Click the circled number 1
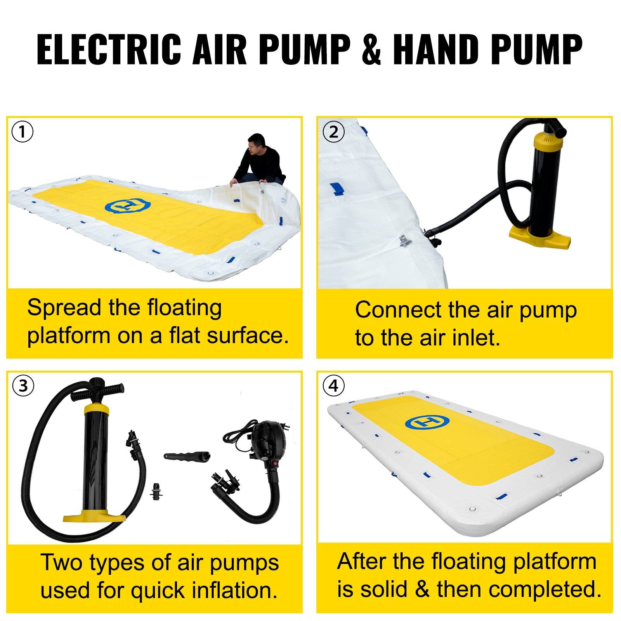tap(22, 132)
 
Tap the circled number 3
tap(23, 386)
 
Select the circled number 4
tap(333, 386)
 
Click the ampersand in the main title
tap(371, 49)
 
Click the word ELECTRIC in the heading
tap(109, 49)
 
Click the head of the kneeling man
tap(257, 143)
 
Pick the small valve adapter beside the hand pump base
tap(156, 492)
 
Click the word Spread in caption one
tap(64, 308)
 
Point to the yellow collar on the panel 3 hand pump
tap(96, 409)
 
